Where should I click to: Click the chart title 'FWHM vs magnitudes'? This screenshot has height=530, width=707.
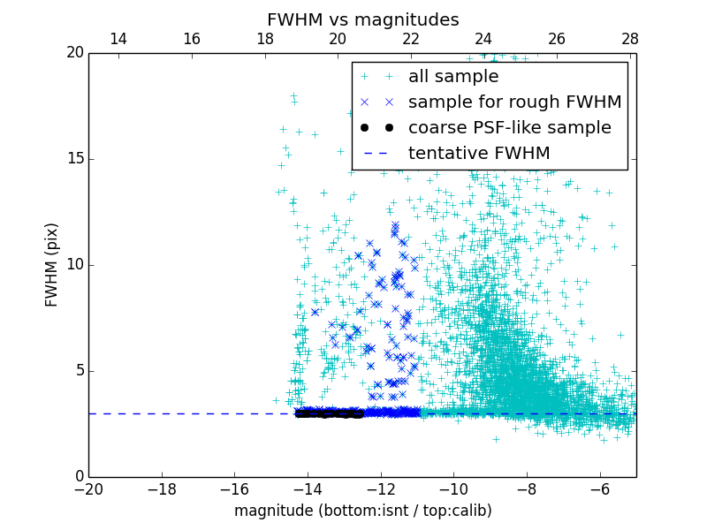point(362,19)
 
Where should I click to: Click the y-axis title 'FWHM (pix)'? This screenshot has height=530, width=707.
point(52,265)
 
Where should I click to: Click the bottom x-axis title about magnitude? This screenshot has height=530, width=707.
point(362,511)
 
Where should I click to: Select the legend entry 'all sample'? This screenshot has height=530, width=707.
point(453,77)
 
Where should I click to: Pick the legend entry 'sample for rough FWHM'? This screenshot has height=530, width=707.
point(514,102)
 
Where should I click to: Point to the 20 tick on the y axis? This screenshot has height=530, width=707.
point(74,53)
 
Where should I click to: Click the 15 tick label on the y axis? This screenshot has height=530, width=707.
point(74,159)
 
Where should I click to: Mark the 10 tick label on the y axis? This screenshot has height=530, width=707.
point(74,265)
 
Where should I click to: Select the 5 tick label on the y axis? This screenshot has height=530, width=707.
point(78,371)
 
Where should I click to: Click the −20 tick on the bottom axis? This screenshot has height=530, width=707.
point(88,488)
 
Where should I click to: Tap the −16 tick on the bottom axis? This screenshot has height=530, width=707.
point(234,488)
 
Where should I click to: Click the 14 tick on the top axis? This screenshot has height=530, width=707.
point(118,39)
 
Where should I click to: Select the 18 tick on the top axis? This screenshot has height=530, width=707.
point(264,39)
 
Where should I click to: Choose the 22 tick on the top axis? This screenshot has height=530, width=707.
point(411,39)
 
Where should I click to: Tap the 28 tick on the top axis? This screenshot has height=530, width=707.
point(630,39)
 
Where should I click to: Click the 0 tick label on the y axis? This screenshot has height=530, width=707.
point(78,477)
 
